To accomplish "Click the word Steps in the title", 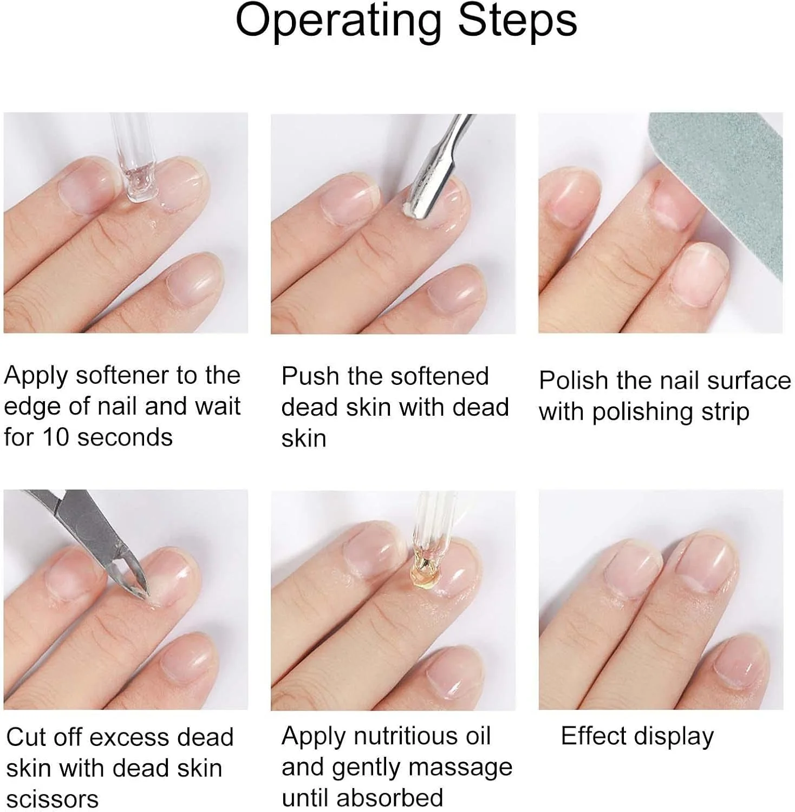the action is [x=517, y=20].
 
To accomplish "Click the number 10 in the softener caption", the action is [x=57, y=437].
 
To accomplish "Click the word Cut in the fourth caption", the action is [x=25, y=737].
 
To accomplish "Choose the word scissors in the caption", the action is [x=53, y=800].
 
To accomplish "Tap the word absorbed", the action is [x=390, y=798].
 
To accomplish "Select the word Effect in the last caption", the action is [x=595, y=736].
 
